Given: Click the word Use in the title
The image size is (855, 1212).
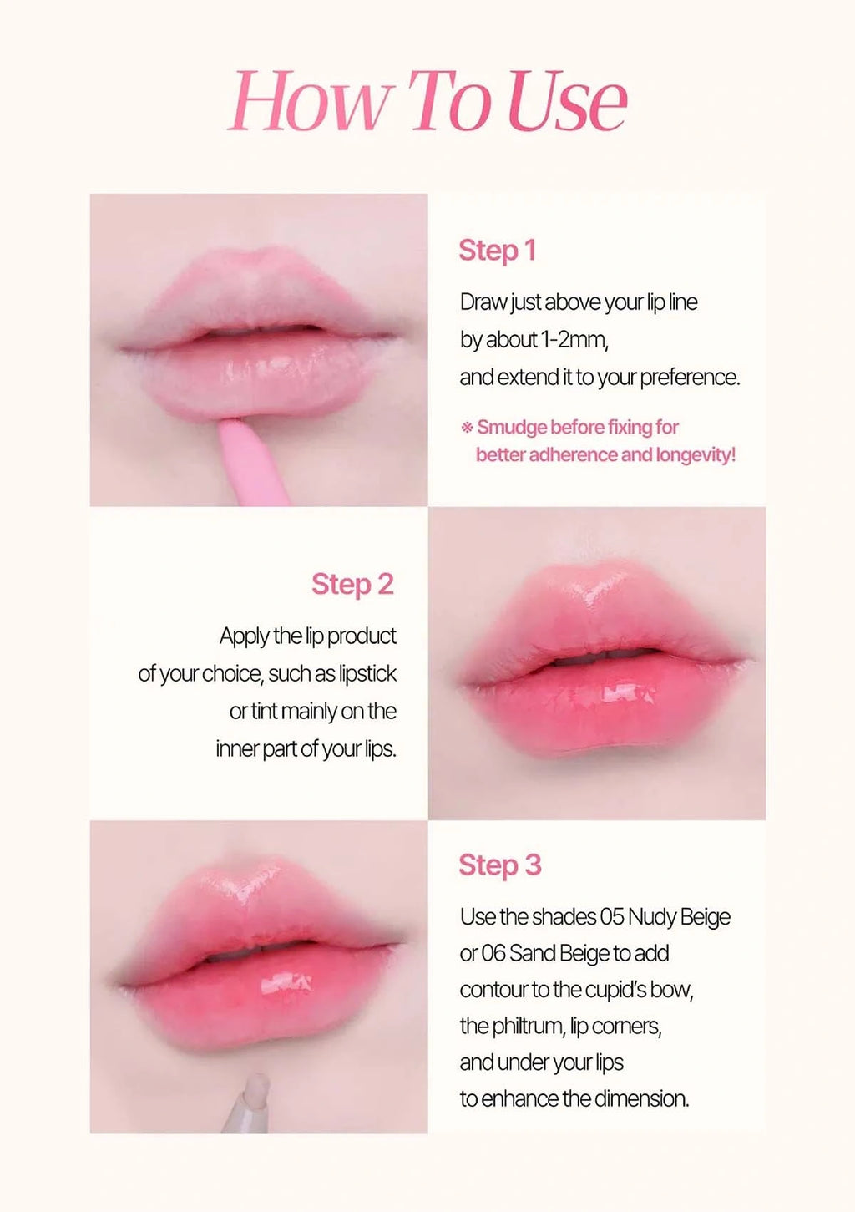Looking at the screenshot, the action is point(568,102).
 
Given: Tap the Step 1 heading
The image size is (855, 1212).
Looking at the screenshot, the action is point(497,251).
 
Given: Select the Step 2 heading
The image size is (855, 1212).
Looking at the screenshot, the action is point(352,585).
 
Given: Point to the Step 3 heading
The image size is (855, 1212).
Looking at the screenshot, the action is point(499,865).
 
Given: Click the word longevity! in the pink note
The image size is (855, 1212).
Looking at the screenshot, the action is point(696,455).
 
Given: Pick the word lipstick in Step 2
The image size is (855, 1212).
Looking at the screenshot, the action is point(367,674).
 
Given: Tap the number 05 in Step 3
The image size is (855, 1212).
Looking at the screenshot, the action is point(612,917).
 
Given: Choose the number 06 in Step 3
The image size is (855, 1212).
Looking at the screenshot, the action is point(493,954).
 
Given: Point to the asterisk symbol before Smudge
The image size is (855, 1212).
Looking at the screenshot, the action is point(467,428).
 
